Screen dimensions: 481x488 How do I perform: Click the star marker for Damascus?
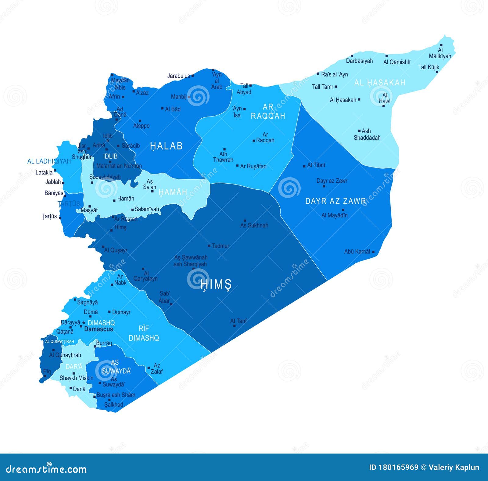(84, 322)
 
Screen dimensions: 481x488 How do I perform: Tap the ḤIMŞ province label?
(216, 284)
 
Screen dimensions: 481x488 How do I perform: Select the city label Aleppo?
(141, 126)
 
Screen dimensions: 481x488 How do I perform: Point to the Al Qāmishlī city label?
(397, 62)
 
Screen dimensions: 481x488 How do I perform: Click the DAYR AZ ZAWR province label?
(335, 201)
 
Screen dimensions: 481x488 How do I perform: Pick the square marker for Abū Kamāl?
(373, 252)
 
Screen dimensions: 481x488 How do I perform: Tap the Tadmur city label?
(220, 246)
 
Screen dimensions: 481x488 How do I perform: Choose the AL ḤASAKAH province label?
(380, 83)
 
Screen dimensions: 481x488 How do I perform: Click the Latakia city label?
(44, 173)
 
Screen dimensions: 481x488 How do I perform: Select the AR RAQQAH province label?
(268, 111)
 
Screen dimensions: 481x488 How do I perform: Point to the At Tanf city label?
(238, 321)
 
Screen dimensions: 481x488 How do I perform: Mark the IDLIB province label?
(110, 156)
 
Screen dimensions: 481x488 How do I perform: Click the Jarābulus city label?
(178, 76)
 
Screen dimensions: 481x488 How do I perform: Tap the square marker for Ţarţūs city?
(60, 218)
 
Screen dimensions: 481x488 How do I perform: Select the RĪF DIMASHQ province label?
(144, 333)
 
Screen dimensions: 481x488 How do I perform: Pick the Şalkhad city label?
(113, 405)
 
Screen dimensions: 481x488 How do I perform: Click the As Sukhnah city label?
(254, 225)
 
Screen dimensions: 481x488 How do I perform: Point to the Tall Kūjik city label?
(429, 67)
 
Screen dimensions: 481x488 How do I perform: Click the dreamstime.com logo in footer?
(46, 469)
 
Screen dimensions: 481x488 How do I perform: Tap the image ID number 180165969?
(398, 467)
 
